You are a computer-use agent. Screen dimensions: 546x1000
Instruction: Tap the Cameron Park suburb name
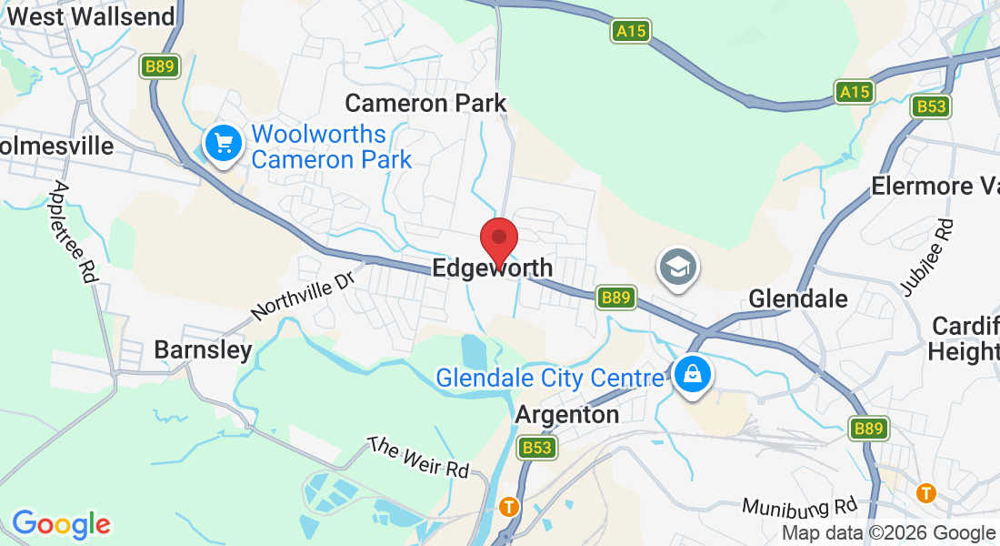tap(425, 102)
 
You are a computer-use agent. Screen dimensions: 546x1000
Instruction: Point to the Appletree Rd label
tap(74, 231)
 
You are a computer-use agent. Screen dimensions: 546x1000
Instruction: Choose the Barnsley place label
tap(203, 350)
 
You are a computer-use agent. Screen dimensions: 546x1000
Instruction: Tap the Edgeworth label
tap(492, 268)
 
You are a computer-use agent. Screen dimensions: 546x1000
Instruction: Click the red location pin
tap(498, 241)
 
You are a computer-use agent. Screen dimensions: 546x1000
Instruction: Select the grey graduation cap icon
tap(678, 268)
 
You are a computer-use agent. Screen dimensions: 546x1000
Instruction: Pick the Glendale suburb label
tap(797, 298)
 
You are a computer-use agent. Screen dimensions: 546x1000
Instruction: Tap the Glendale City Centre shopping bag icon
tap(693, 373)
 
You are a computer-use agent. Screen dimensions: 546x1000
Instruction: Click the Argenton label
tap(567, 415)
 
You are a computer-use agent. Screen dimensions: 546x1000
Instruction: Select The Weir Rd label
tap(418, 458)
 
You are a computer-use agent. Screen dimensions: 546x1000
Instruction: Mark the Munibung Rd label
tap(799, 505)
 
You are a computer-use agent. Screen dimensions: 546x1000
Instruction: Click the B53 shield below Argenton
tap(536, 447)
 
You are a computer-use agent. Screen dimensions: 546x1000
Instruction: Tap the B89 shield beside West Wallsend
tap(161, 66)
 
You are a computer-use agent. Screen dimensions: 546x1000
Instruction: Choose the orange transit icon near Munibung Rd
tap(926, 492)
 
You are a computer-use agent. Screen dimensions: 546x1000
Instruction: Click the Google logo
tap(61, 524)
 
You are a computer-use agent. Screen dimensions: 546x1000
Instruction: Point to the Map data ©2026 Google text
tap(888, 533)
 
